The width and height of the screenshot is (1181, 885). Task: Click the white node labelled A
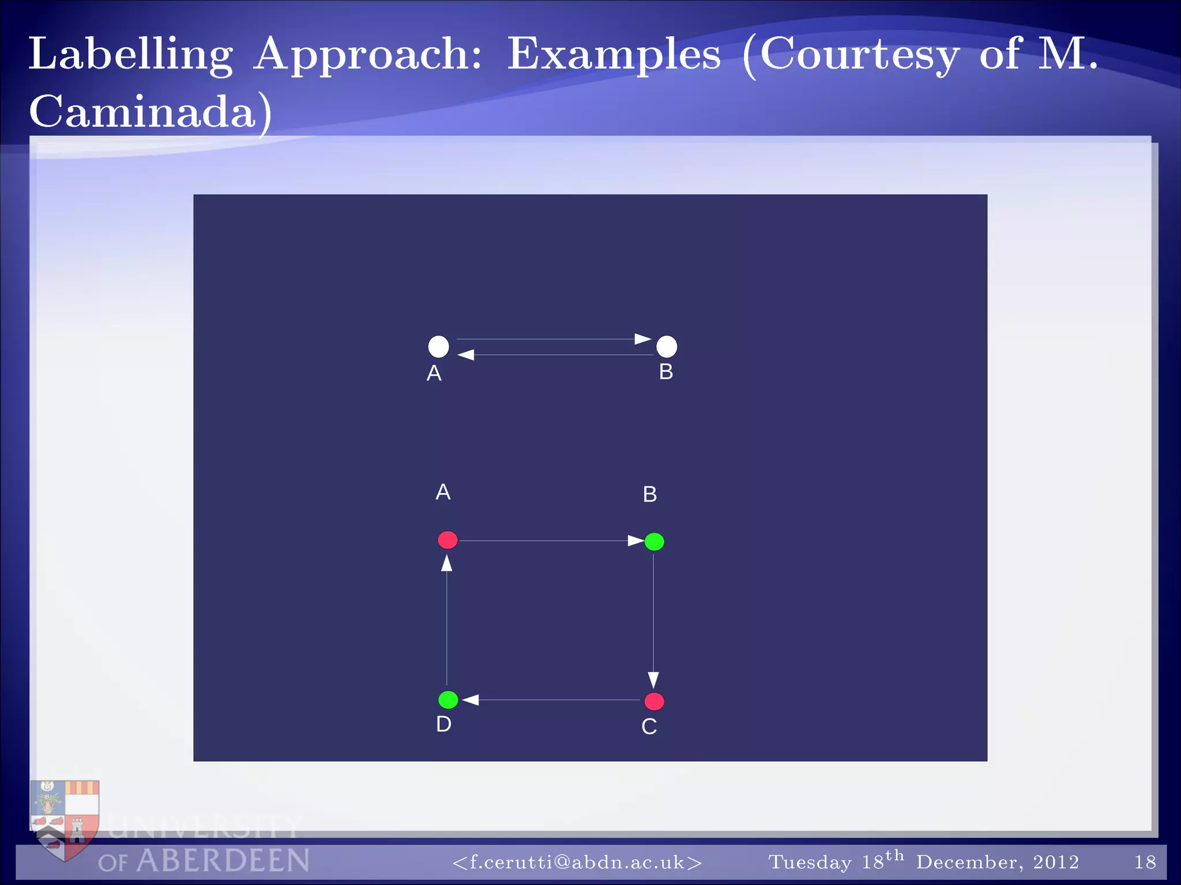[x=438, y=346]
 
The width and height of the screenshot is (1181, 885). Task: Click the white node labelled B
[x=667, y=346]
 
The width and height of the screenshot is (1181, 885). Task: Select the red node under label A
[x=447, y=540]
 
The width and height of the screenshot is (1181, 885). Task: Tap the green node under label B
[x=654, y=542]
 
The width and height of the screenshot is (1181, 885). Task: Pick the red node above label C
[x=654, y=701]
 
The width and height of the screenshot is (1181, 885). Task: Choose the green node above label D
[x=448, y=699]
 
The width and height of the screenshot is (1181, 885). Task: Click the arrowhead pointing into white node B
[x=643, y=339]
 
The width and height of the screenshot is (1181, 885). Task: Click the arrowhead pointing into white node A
[x=466, y=355]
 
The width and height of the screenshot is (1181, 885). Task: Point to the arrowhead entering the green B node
[x=635, y=540]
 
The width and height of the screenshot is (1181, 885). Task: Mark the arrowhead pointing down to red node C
[x=653, y=680]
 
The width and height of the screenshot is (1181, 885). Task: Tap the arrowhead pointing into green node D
[x=471, y=699]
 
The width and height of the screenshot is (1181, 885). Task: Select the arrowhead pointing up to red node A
[x=447, y=562]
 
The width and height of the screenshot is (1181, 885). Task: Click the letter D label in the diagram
[x=443, y=724]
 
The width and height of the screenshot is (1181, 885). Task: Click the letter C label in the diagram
[x=649, y=727]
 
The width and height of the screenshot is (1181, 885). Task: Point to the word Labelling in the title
[x=131, y=55]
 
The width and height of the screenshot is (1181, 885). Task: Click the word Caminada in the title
[x=143, y=111]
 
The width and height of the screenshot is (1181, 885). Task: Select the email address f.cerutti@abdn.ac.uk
[x=577, y=862]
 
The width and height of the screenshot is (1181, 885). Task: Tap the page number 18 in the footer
[x=1145, y=862]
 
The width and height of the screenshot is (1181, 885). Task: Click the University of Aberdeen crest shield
[x=65, y=818]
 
